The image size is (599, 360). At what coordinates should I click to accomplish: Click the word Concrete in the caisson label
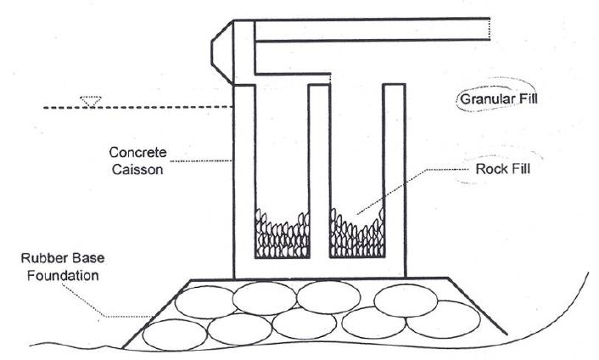click(138, 153)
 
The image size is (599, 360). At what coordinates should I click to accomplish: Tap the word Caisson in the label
click(137, 169)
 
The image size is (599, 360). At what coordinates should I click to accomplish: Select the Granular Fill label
click(499, 99)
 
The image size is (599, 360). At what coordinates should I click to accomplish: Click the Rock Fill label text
click(503, 169)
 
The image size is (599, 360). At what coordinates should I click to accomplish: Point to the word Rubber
click(42, 258)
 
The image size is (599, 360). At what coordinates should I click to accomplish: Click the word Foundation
click(63, 276)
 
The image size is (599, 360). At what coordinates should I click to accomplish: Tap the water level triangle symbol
click(91, 101)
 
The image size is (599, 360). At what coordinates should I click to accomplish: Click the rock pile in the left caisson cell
click(282, 234)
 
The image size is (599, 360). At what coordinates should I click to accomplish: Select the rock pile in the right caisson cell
click(357, 233)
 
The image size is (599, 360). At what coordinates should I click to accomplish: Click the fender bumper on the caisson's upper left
click(222, 53)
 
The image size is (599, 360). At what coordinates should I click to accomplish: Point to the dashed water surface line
click(137, 107)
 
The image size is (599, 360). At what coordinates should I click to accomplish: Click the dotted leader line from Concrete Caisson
click(200, 161)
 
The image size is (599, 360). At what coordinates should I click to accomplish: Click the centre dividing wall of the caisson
click(319, 171)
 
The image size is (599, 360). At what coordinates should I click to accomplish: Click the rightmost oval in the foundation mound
click(443, 319)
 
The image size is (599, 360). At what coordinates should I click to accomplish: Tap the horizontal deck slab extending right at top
click(372, 29)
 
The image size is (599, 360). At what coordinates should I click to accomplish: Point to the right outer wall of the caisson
click(395, 180)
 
